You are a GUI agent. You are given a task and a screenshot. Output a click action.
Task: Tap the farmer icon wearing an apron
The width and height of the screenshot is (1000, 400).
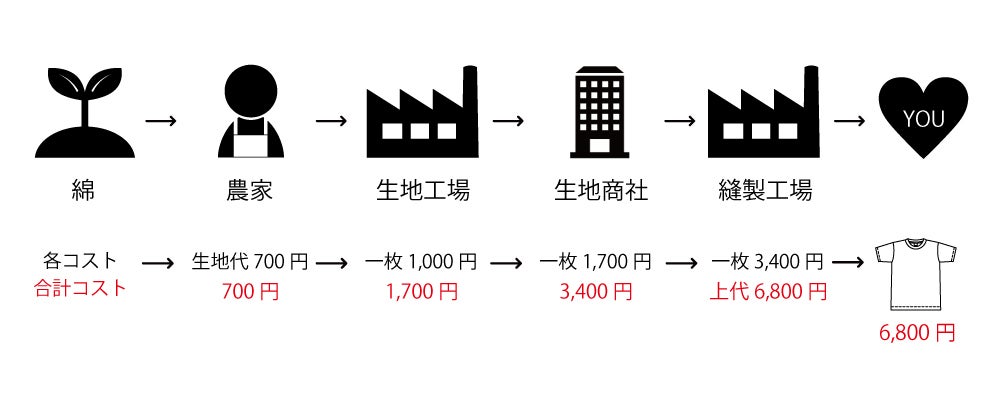250,113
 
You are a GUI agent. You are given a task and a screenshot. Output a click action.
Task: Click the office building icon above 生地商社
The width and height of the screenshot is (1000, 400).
601,112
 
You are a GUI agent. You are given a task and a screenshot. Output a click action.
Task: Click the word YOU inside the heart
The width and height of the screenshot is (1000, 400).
922,119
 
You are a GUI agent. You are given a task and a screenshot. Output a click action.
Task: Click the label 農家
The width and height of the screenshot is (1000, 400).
250,190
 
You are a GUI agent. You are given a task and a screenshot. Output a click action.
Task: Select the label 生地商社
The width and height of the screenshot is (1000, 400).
601,190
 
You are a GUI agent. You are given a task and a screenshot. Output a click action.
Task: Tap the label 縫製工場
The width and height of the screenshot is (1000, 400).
765,190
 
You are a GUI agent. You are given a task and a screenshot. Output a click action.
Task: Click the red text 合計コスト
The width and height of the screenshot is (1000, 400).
80,290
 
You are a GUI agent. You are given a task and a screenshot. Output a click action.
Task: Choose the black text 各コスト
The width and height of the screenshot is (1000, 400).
80,262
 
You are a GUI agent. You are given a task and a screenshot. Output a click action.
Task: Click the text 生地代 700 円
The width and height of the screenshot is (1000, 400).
250,262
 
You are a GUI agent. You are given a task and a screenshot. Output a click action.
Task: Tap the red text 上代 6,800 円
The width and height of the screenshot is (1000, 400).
768,291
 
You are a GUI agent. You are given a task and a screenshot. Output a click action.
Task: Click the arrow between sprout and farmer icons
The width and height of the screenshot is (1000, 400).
161,121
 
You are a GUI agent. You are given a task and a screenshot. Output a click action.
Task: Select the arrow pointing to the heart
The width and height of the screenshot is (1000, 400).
849,121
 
